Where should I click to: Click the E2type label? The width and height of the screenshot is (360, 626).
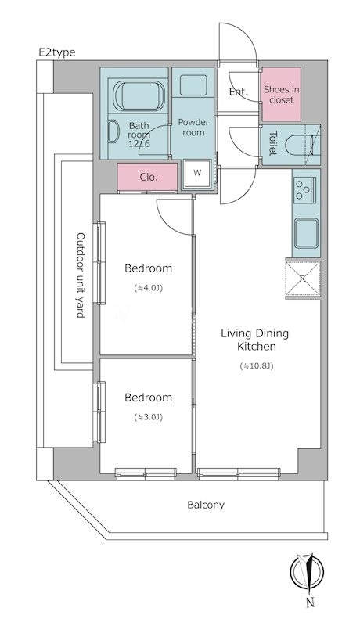(56, 52)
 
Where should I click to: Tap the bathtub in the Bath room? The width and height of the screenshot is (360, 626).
(139, 95)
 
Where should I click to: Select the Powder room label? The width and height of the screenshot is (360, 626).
(193, 128)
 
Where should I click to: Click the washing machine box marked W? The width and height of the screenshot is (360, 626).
(197, 173)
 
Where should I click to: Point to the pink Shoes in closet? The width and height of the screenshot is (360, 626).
(281, 94)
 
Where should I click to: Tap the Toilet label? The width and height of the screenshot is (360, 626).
(273, 144)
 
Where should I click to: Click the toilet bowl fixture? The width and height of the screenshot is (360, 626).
(302, 146)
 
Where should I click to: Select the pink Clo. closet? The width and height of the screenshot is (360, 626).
(148, 177)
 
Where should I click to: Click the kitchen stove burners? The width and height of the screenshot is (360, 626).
(305, 190)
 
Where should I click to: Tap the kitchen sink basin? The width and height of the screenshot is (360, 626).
(307, 233)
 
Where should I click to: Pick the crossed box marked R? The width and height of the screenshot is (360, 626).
(303, 279)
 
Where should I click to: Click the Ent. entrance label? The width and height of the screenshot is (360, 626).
(238, 92)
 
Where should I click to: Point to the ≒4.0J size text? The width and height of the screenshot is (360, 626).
(148, 287)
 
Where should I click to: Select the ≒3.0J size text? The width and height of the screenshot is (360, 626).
(148, 417)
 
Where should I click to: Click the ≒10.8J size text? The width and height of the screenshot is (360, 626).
(256, 365)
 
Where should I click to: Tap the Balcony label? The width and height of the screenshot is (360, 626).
(206, 505)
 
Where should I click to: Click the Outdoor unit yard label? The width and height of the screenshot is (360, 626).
(81, 275)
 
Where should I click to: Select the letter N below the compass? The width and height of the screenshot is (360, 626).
(311, 603)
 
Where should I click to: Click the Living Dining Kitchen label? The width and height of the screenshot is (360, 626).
(255, 340)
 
